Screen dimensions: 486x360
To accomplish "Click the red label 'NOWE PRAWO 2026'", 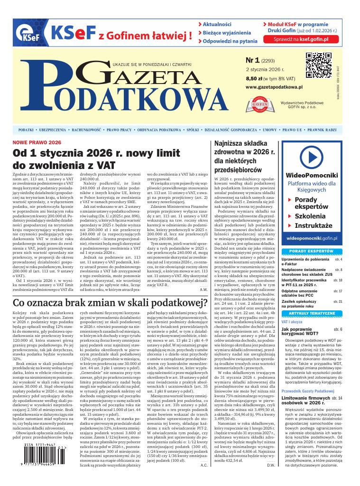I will point(37,142).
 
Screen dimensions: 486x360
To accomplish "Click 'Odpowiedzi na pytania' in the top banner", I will point(228,41).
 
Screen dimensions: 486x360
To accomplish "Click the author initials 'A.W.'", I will point(204,289).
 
